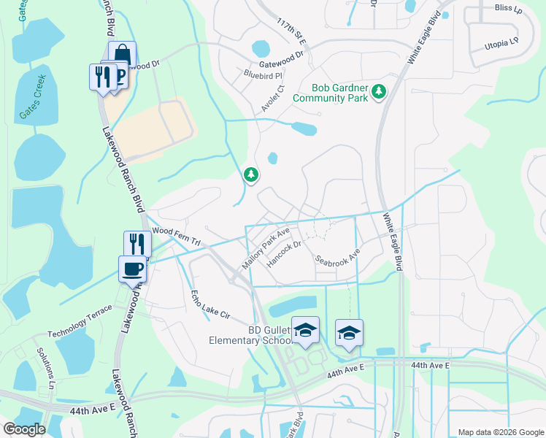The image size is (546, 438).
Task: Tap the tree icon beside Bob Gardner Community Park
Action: pyautogui.click(x=378, y=92)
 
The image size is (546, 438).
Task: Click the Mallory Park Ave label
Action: pyautogui.click(x=266, y=247)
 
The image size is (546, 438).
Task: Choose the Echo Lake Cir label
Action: pyautogui.click(x=210, y=306)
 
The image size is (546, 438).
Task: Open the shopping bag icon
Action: pyautogui.click(x=122, y=54)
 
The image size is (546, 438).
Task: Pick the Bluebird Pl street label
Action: pyautogui.click(x=263, y=74)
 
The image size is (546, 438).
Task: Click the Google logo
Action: pyautogui.click(x=24, y=429)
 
